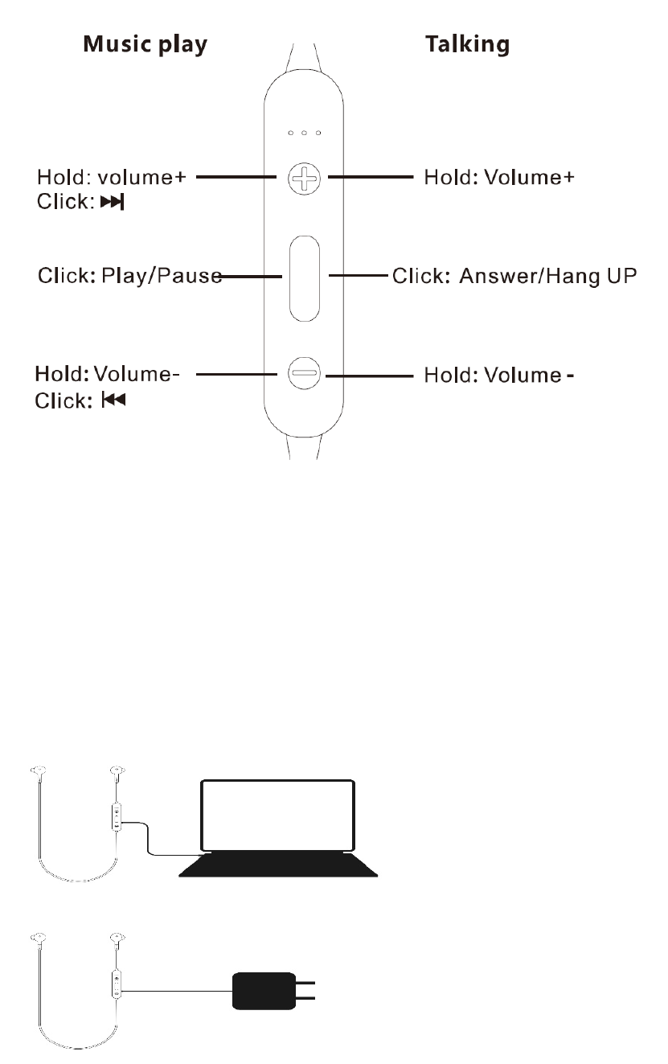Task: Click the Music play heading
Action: [x=145, y=44]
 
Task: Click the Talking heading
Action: [x=467, y=44]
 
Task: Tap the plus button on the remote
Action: [x=304, y=179]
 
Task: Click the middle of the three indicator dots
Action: [x=305, y=132]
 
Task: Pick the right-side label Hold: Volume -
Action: [x=499, y=375]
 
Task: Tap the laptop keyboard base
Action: [x=278, y=865]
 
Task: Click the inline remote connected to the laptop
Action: [x=117, y=815]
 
